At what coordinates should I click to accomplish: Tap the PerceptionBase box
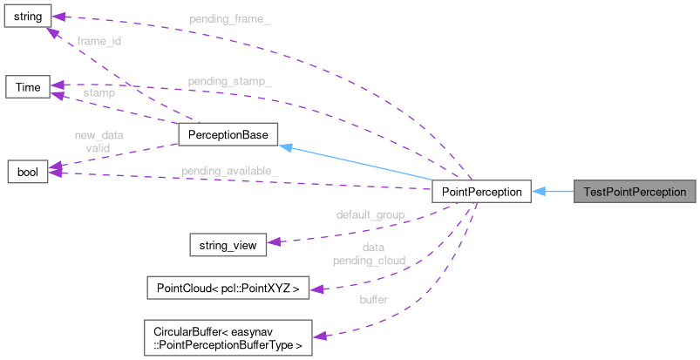pos(228,134)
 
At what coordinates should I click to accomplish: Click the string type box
pos(27,15)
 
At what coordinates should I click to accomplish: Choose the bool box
pos(27,170)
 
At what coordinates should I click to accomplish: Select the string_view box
pos(228,245)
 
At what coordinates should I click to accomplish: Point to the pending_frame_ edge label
pos(229,18)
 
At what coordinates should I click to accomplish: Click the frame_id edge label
pos(99,41)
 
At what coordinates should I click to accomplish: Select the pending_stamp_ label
pos(229,82)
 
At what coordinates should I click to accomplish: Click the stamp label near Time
pos(99,92)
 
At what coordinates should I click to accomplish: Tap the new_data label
pos(99,136)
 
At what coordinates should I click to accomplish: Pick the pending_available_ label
pos(229,170)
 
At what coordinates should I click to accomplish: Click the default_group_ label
pos(373,214)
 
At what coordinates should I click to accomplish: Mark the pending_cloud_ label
pos(373,260)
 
